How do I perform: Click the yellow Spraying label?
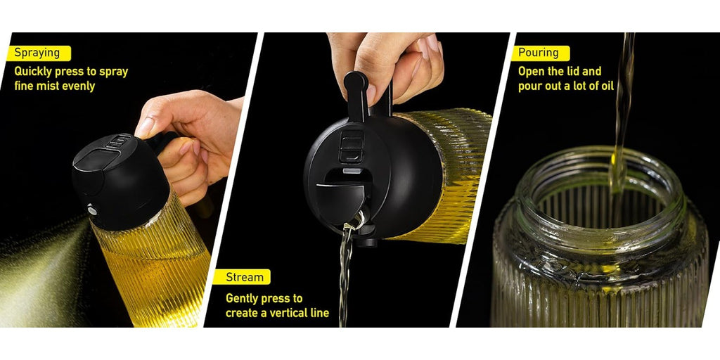39,53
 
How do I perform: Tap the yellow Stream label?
243,277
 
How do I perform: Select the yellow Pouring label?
541,53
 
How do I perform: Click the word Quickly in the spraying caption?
33,72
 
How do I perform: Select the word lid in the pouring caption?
577,71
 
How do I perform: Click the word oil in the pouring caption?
605,86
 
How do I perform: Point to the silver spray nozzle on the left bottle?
92,210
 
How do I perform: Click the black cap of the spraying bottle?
120,181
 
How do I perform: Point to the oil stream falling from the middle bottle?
345,275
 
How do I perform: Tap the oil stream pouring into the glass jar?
622,110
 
